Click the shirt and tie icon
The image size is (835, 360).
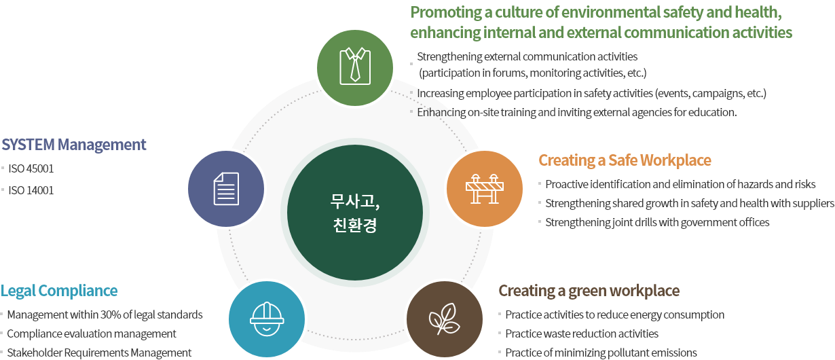tap(355, 66)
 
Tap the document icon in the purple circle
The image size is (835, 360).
tap(226, 189)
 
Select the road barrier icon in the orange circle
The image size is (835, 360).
tap(484, 189)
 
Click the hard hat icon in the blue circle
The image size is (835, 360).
tap(267, 319)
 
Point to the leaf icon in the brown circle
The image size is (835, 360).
tap(444, 319)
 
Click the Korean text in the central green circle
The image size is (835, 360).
tap(355, 213)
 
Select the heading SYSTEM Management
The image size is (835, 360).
tap(74, 145)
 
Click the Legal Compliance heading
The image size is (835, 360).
tap(59, 291)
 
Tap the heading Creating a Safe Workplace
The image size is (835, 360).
tap(625, 160)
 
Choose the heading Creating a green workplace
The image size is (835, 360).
tap(589, 291)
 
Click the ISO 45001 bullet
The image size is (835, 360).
tap(31, 168)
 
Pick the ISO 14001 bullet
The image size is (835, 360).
tap(31, 190)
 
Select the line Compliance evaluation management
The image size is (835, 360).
tap(92, 334)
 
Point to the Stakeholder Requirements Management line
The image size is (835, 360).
tap(99, 353)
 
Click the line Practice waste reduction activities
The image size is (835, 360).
tap(582, 334)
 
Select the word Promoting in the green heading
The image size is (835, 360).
tap(446, 13)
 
